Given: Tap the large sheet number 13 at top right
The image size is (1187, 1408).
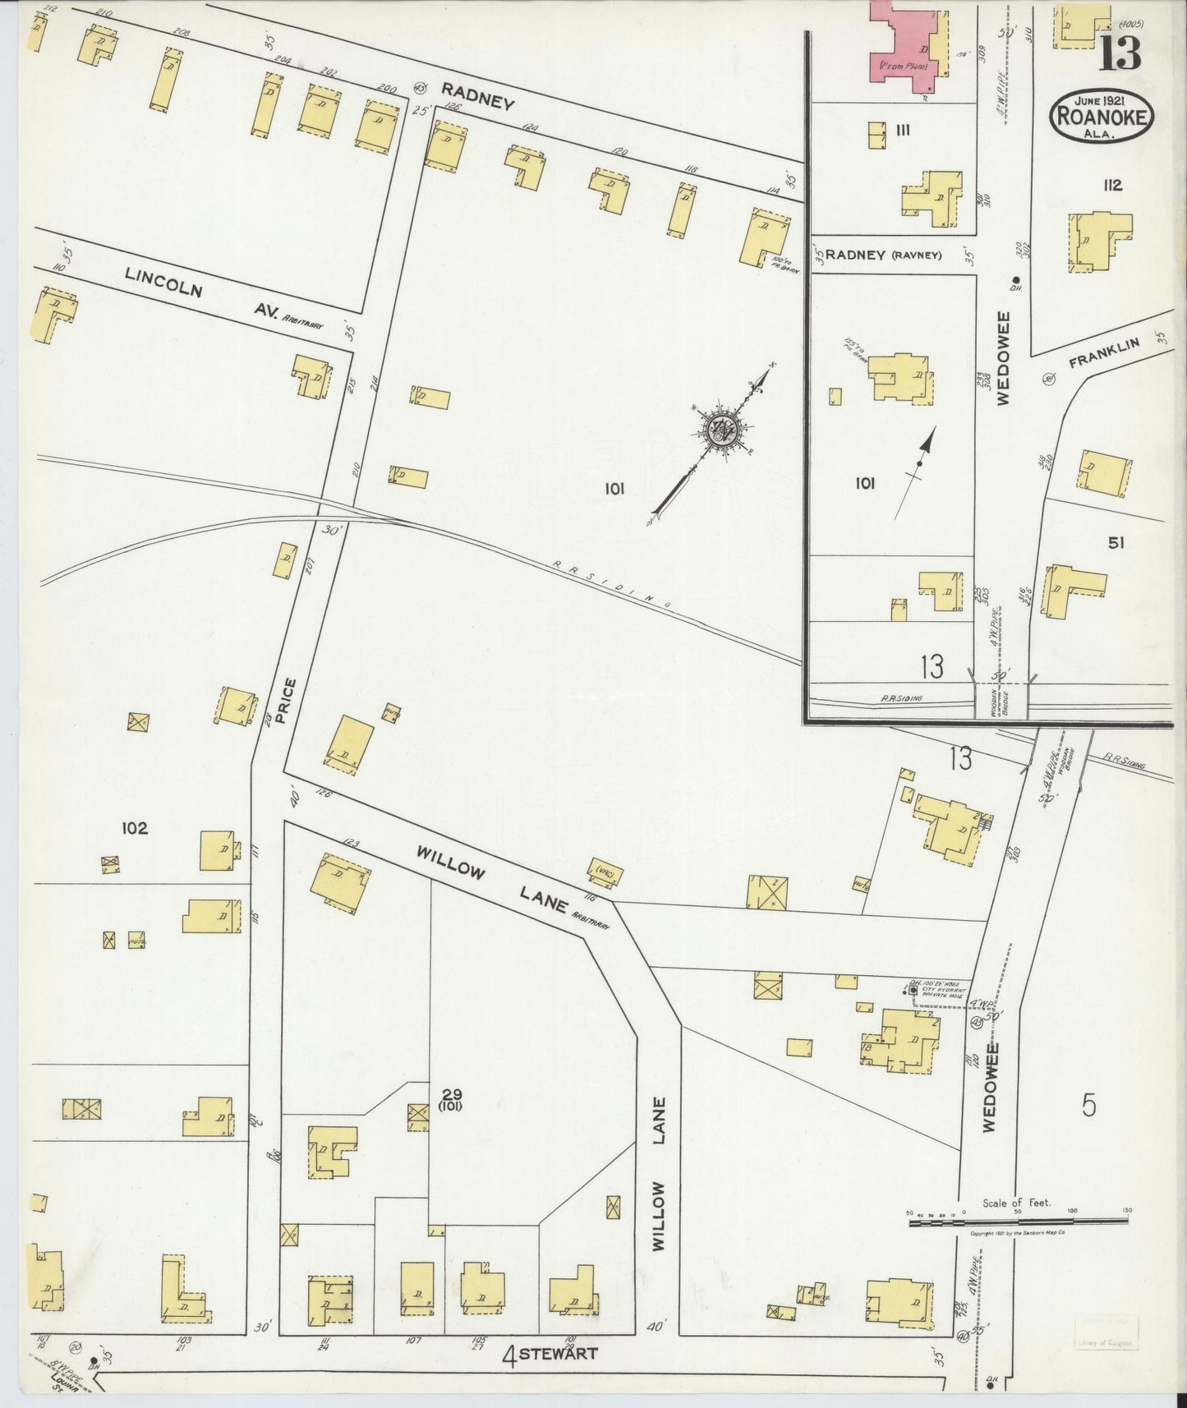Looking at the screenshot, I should click(1120, 53).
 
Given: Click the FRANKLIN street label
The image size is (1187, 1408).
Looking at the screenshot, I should click(1106, 356).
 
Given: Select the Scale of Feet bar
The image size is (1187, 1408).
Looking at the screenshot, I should click(1018, 1222).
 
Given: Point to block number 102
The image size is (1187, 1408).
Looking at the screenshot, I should click(135, 828).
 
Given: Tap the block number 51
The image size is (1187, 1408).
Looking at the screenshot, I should click(1115, 542).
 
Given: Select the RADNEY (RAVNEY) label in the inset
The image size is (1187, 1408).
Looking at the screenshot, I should click(882, 255).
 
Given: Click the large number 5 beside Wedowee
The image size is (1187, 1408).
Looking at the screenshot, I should click(1088, 1106).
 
